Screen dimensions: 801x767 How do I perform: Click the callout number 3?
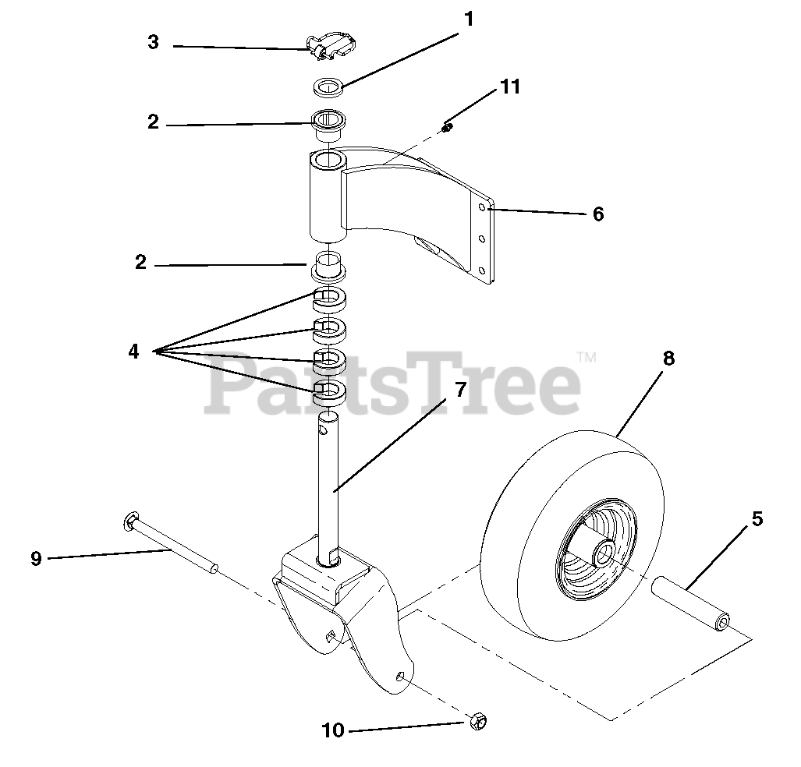pyautogui.click(x=153, y=42)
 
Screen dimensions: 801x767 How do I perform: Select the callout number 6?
pyautogui.click(x=598, y=214)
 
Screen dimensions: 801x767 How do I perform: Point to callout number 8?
pyautogui.click(x=668, y=359)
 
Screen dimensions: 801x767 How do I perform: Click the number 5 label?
pyautogui.click(x=757, y=518)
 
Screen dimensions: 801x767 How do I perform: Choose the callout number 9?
pyautogui.click(x=36, y=558)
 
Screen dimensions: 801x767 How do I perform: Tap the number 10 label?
pyautogui.click(x=332, y=730)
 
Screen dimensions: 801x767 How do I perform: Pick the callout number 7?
pyautogui.click(x=460, y=389)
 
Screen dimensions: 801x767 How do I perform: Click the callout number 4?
pyautogui.click(x=133, y=352)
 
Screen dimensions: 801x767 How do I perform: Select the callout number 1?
pyautogui.click(x=468, y=19)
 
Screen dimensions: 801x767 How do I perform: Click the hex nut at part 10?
pyautogui.click(x=477, y=723)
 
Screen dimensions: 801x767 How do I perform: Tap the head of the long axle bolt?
pyautogui.click(x=130, y=521)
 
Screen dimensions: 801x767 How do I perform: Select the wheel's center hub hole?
pyautogui.click(x=603, y=555)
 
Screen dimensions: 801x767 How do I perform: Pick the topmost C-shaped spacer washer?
pyautogui.click(x=329, y=298)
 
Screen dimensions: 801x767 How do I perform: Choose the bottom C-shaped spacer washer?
pyautogui.click(x=329, y=390)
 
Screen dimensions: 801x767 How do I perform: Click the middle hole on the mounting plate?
pyautogui.click(x=482, y=239)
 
